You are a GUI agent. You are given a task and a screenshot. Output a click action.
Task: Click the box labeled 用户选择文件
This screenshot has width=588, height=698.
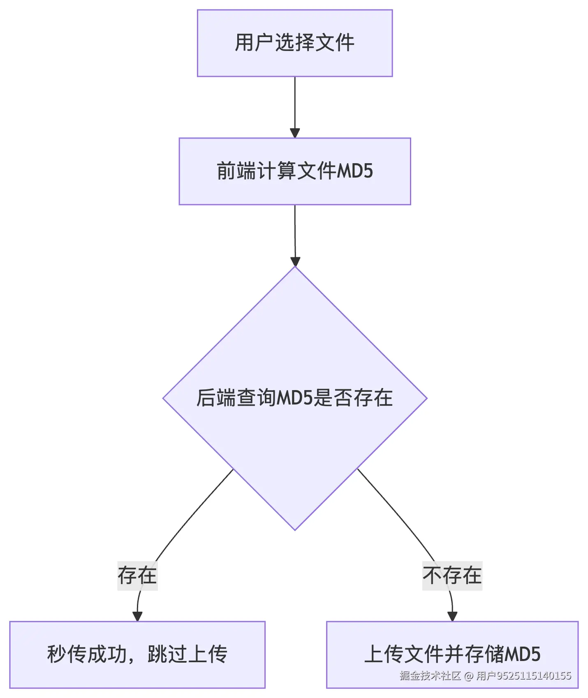pyautogui.click(x=294, y=43)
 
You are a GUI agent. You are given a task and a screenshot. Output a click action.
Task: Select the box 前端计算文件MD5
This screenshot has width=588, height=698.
pyautogui.click(x=294, y=171)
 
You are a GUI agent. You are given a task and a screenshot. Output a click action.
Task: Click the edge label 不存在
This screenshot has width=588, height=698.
pyautogui.click(x=452, y=575)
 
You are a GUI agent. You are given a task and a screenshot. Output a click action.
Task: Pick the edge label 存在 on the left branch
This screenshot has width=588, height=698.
pyautogui.click(x=137, y=575)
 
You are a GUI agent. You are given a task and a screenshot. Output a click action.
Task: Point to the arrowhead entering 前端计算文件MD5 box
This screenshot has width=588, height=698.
pyautogui.click(x=295, y=133)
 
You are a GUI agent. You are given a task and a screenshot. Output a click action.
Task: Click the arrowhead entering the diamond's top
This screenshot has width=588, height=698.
pyautogui.click(x=295, y=261)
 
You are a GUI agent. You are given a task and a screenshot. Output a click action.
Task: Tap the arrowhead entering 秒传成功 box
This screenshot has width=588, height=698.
pyautogui.click(x=137, y=616)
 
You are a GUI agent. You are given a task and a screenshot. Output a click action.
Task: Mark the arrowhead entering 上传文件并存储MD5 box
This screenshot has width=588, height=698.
pyautogui.click(x=452, y=616)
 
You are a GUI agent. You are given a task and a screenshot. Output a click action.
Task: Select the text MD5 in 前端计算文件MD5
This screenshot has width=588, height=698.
pyautogui.click(x=355, y=171)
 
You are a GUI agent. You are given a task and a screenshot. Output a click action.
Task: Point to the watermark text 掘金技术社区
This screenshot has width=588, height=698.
pyautogui.click(x=430, y=676)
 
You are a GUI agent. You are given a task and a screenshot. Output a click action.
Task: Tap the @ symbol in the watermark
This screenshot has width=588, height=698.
pyautogui.click(x=469, y=676)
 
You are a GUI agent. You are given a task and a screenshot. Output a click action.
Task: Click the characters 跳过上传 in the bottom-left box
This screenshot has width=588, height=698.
pyautogui.click(x=188, y=654)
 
